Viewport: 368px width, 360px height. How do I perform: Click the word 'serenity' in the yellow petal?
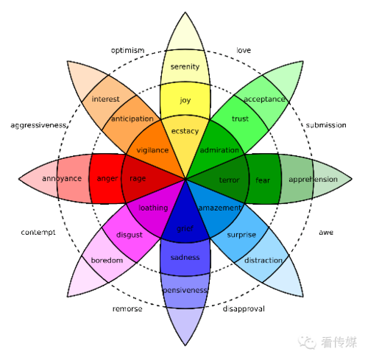tap(185, 67)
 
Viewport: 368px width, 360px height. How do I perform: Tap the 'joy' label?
tap(185, 100)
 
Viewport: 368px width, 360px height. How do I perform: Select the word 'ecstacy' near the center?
tap(185, 131)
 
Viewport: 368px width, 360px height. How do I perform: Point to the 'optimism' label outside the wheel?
tap(127, 51)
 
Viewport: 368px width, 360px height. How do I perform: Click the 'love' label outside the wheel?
tap(244, 50)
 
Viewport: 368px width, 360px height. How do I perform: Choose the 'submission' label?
tap(326, 125)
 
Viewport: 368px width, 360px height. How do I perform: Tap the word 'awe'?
tap(326, 233)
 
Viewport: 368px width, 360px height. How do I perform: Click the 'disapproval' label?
tap(244, 308)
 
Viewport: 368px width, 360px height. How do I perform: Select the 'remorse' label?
tap(127, 309)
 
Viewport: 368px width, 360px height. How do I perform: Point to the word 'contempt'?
tap(38, 233)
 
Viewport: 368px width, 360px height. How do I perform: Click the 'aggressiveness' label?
tap(38, 125)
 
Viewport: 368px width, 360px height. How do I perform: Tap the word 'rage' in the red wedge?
tap(138, 179)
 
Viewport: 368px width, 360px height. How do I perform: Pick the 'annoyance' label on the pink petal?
tap(62, 179)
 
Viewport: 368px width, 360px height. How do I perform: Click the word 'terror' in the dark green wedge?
tap(229, 180)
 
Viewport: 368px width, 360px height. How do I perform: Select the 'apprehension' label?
tap(313, 180)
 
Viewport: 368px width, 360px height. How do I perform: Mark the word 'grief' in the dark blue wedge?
tap(185, 229)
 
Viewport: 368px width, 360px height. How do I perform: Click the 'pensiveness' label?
tap(185, 291)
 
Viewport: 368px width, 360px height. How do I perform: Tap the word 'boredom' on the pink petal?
tap(107, 261)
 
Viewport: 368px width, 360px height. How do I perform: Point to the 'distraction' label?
tap(263, 261)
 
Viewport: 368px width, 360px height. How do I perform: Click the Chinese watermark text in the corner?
tap(339, 342)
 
